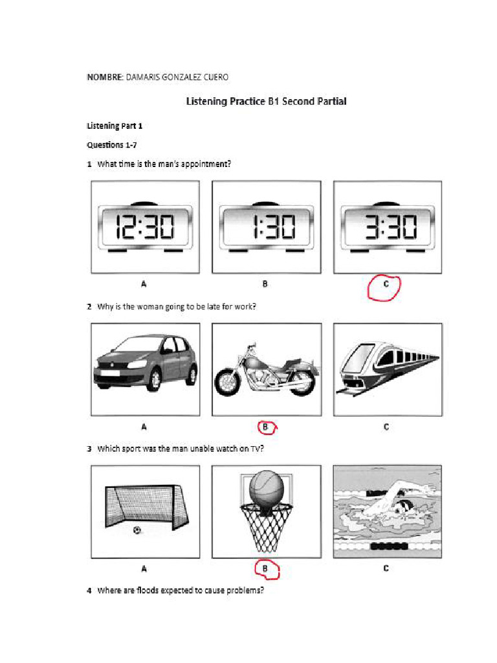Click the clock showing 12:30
pos(145,227)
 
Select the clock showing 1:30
pos(266,227)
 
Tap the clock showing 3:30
pos(387,227)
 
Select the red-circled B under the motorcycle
pos(265,427)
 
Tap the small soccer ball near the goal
pos(137,530)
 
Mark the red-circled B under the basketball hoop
pos(265,569)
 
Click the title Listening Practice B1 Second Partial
pos(266,101)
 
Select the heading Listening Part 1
pos(115,126)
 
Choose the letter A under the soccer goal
pos(144,569)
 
